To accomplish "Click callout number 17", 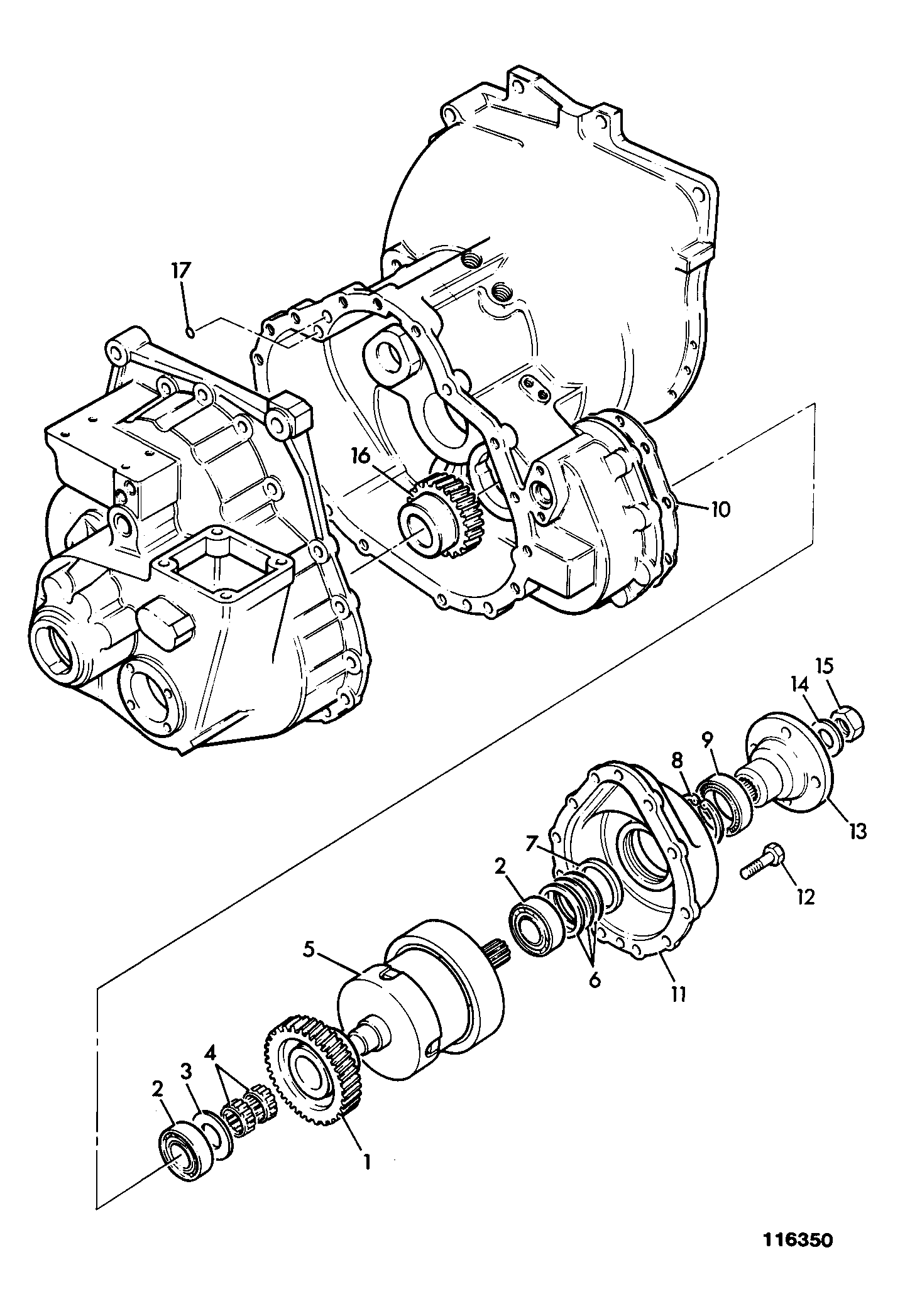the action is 180,271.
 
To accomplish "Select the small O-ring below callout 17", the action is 189,331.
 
